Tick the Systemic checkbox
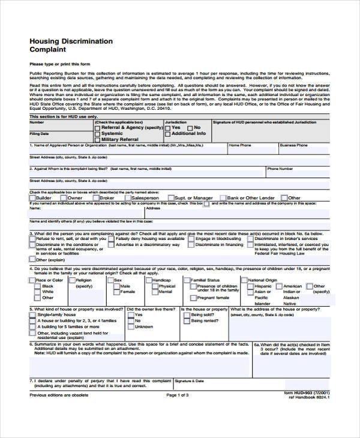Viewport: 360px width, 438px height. click(97, 133)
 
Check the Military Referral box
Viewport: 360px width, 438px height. click(97, 139)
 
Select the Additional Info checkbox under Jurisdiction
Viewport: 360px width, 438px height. click(168, 133)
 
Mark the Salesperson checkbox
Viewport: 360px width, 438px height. click(127, 197)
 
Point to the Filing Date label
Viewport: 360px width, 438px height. click(38, 134)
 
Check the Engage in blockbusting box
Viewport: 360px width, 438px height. click(191, 239)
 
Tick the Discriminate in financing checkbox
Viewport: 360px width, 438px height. click(191, 245)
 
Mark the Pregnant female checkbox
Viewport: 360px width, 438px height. click(193, 298)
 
